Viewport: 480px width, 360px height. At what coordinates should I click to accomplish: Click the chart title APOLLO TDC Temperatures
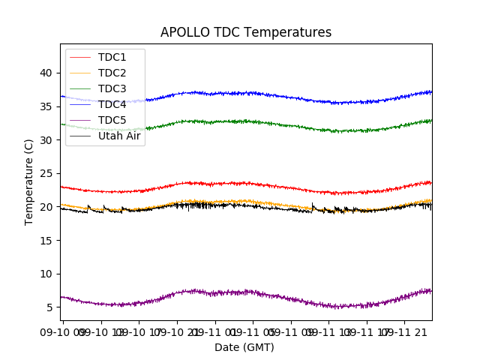click(x=246, y=32)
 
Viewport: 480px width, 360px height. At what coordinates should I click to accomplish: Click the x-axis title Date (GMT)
click(x=244, y=347)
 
